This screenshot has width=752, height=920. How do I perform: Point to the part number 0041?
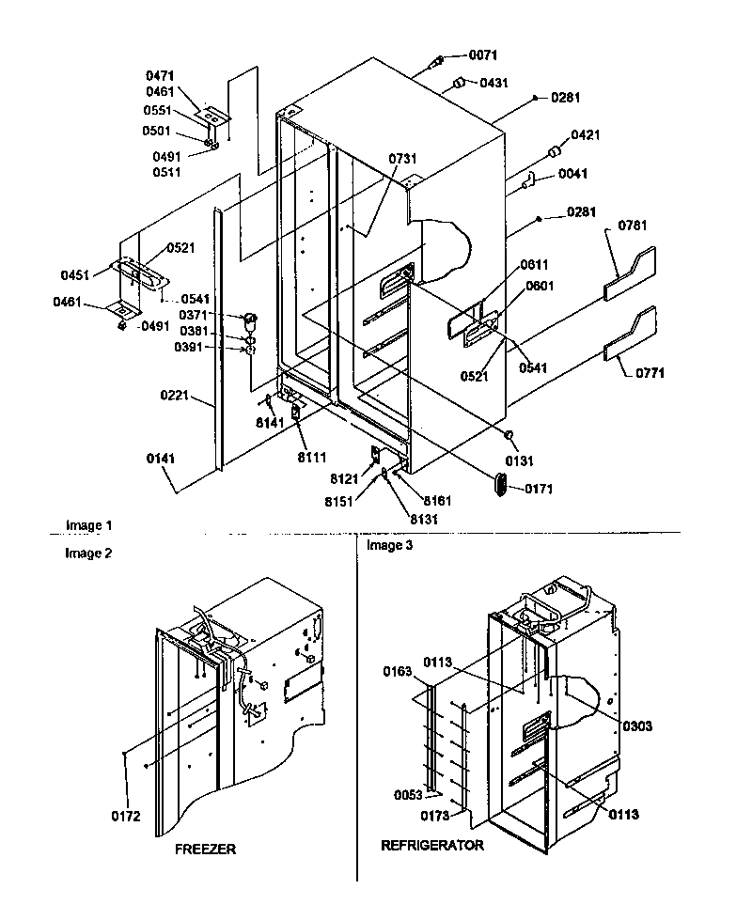click(x=572, y=173)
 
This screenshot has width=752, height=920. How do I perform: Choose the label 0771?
click(x=648, y=372)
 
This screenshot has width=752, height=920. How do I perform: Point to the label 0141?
click(x=161, y=459)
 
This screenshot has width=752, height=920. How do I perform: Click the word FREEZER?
click(x=205, y=849)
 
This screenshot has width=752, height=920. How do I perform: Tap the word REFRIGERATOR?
click(x=431, y=845)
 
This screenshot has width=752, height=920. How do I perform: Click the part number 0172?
click(x=125, y=816)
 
